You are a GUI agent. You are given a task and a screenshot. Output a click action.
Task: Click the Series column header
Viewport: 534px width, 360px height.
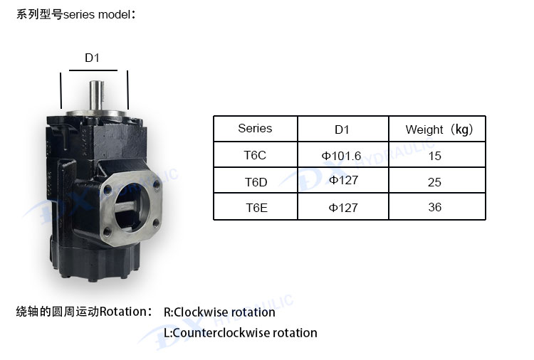click(x=255, y=128)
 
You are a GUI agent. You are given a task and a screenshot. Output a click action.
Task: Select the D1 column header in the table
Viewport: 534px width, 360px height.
click(x=342, y=129)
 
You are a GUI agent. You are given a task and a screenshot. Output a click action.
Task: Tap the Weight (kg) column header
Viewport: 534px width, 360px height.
click(x=439, y=129)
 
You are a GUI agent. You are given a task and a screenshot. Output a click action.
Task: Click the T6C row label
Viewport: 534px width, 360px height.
click(x=255, y=155)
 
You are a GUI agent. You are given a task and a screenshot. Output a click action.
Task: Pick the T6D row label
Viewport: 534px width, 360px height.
click(x=256, y=182)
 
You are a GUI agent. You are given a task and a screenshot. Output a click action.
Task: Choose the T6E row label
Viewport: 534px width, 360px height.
click(x=256, y=208)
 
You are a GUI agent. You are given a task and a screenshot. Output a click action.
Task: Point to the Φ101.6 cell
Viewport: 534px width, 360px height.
click(x=341, y=156)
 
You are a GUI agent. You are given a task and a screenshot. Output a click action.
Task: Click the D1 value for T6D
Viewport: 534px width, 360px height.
click(x=343, y=180)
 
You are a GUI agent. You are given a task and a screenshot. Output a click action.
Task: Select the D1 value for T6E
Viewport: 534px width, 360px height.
click(x=343, y=208)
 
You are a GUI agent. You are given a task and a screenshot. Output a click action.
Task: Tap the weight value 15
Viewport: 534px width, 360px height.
click(x=434, y=156)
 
